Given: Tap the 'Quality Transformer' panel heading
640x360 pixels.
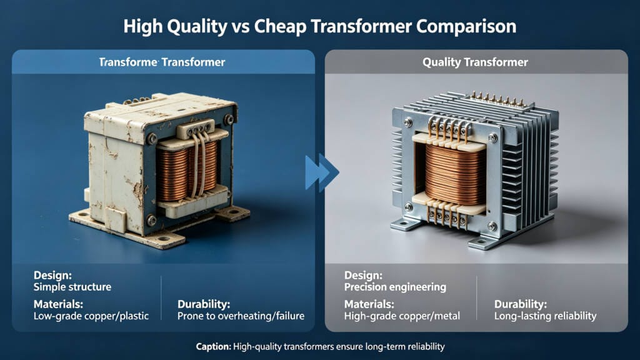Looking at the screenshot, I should (x=475, y=62).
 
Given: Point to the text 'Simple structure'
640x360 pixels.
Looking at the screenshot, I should (x=72, y=287).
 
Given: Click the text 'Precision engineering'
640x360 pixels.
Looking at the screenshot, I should (x=395, y=287).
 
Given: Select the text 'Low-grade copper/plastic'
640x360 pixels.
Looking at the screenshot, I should (x=91, y=316).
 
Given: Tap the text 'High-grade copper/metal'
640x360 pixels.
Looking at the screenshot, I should (x=402, y=316).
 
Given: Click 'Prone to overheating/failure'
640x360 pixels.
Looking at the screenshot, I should (x=241, y=316).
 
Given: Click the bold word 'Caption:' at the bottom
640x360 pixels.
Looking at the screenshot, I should (x=212, y=346).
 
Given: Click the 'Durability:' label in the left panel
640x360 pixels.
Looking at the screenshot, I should (x=204, y=304).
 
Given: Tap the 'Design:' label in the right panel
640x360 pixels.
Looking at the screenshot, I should (x=362, y=275).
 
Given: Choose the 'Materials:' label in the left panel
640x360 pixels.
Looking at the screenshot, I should (x=59, y=304).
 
